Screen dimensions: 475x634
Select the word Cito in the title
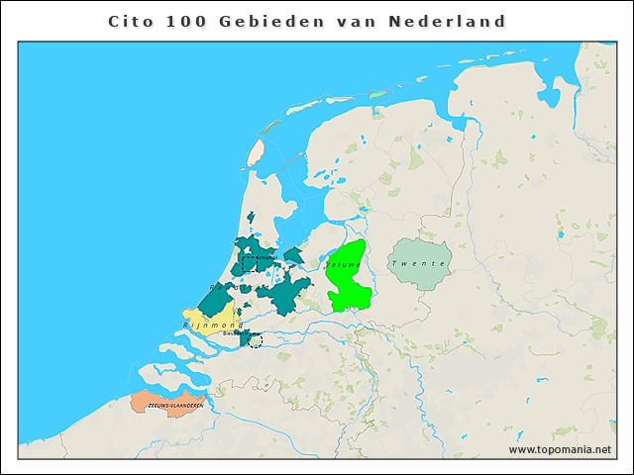pos(128,21)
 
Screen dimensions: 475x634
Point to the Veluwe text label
pos(342,264)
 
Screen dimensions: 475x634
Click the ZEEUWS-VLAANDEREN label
pos(174,406)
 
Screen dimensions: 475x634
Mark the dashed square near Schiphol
pos(250,264)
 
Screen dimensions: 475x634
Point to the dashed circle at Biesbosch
pos(256,340)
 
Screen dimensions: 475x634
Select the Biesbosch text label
pos(234,333)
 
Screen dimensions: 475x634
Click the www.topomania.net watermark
pos(560,449)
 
